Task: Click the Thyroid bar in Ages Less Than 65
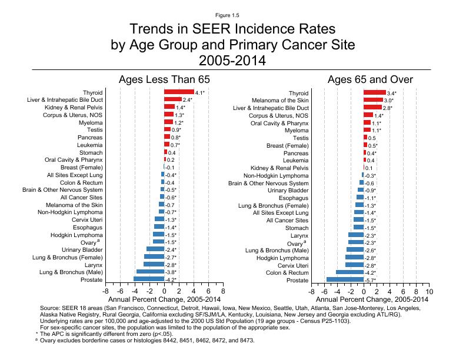pyautogui.click(x=179, y=92)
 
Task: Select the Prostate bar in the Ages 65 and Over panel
pyautogui.click(x=345, y=280)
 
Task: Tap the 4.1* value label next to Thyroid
pyautogui.click(x=199, y=93)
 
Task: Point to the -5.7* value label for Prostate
pyautogui.click(x=370, y=281)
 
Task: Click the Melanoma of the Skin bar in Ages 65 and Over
pyautogui.click(x=373, y=101)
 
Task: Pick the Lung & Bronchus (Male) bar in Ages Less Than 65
pyautogui.click(x=150, y=272)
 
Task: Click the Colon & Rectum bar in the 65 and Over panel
pyautogui.click(x=349, y=272)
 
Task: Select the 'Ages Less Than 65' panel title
pyautogui.click(x=164, y=79)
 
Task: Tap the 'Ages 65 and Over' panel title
pyautogui.click(x=370, y=79)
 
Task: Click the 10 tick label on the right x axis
pyautogui.click(x=430, y=291)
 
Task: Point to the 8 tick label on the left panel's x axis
pyautogui.click(x=223, y=291)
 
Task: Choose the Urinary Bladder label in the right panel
pyautogui.click(x=288, y=190)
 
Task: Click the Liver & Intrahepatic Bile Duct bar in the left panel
pyautogui.click(x=172, y=100)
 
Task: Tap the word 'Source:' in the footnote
pyautogui.click(x=51, y=308)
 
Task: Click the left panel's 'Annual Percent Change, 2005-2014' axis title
pyautogui.click(x=164, y=300)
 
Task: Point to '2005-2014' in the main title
pyautogui.click(x=233, y=60)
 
